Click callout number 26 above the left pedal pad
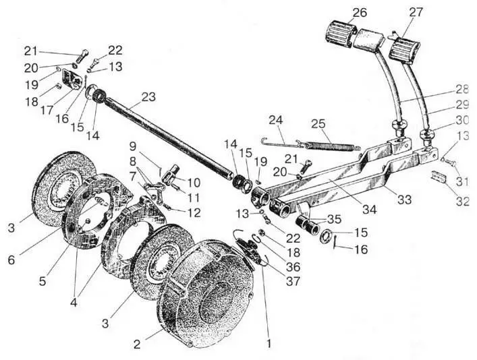[360, 13]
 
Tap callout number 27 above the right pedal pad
[416, 12]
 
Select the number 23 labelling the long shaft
[148, 97]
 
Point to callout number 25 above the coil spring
[318, 124]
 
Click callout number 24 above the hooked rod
[276, 120]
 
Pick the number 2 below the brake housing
[137, 344]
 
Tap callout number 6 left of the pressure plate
[11, 260]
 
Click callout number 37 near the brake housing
[293, 281]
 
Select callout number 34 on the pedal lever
[369, 209]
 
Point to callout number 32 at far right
[462, 201]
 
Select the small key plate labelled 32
[439, 177]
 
